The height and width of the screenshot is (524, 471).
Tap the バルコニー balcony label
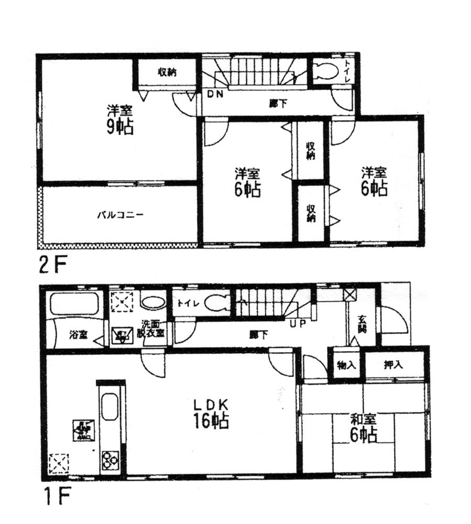120,215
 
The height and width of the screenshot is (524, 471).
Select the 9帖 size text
120,127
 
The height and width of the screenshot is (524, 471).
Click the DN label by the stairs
215,94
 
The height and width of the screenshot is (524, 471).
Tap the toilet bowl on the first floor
216,303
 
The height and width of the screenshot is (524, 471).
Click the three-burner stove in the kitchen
112,459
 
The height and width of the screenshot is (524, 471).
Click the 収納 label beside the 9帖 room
167,72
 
